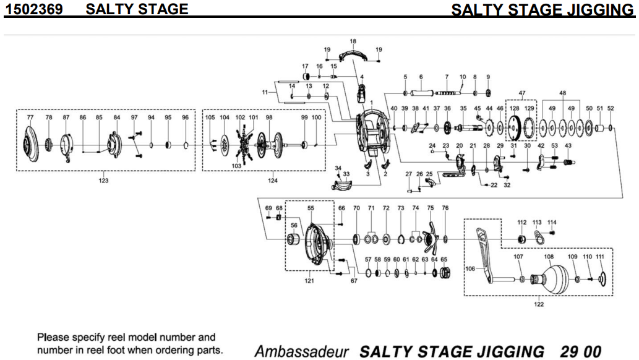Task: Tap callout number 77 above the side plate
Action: (30, 116)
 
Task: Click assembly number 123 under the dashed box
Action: (103, 181)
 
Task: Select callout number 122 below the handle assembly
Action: (539, 304)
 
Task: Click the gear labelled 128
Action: (513, 129)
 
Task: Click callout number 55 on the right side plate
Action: (311, 208)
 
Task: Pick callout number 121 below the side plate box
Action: (308, 281)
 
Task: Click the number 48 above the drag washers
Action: (562, 93)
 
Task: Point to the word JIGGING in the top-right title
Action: (596, 10)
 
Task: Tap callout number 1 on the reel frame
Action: (372, 101)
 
